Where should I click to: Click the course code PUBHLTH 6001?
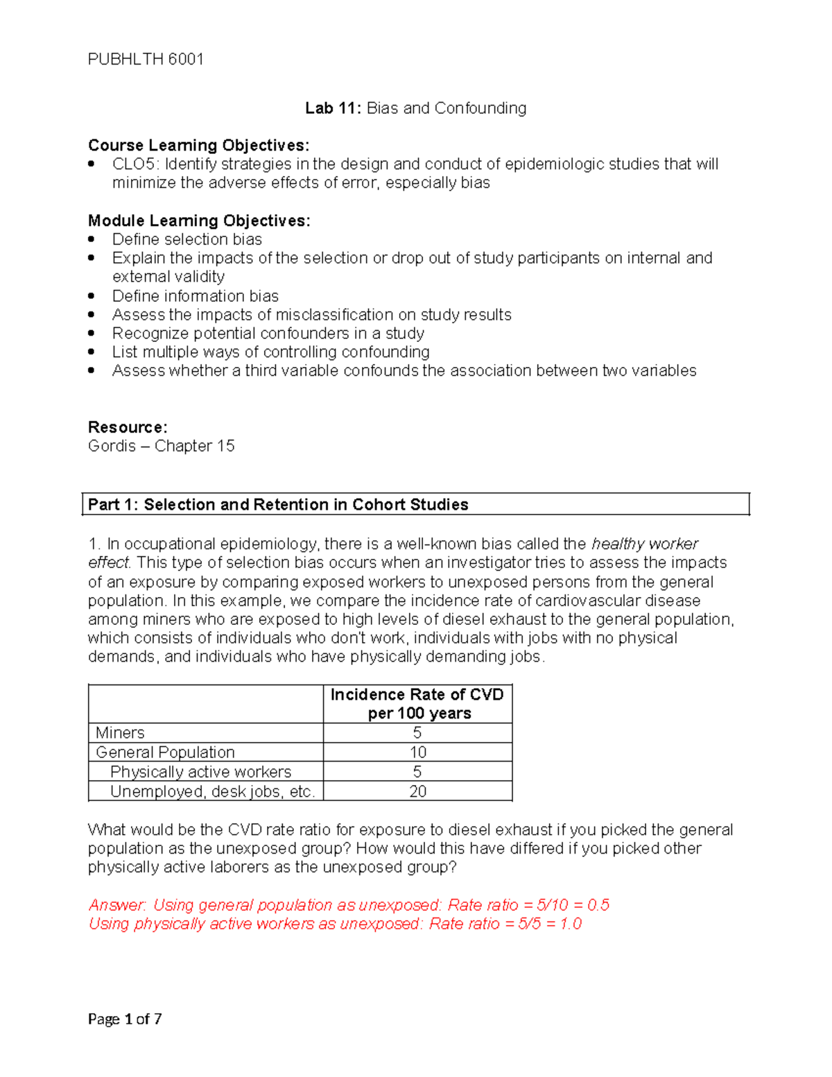coord(146,60)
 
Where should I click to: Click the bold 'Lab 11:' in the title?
coord(333,108)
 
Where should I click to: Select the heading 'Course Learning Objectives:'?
coord(198,146)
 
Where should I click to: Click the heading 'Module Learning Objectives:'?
coord(199,221)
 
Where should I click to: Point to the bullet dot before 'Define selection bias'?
coord(92,239)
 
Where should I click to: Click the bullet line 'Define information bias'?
coord(195,296)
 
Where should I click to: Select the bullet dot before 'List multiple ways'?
coord(92,352)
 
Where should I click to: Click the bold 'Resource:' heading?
coord(128,427)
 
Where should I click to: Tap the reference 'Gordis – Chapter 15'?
coord(161,446)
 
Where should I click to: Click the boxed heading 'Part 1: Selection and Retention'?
coord(278,504)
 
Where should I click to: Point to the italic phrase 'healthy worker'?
coord(644,544)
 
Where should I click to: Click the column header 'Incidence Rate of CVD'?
coord(417,695)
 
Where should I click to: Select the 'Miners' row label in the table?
coord(120,733)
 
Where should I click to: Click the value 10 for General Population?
coord(417,752)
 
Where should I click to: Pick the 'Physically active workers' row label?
coord(200,772)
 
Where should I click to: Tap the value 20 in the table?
coord(417,791)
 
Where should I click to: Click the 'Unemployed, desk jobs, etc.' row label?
coord(212,791)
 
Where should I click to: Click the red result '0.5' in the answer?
coord(598,905)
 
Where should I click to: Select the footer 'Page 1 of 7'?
coord(125,1019)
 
